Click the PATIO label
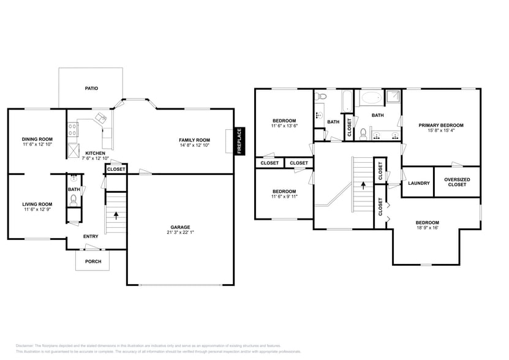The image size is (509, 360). [91, 88]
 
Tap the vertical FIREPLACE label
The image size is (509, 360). [239, 140]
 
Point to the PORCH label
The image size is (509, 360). [93, 261]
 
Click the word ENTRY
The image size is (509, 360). [91, 236]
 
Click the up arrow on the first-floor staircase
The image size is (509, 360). [116, 215]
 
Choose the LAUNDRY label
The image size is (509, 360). [418, 182]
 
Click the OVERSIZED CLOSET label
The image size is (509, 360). [457, 182]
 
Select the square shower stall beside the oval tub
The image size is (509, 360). [393, 97]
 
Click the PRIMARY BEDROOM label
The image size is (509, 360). [441, 125]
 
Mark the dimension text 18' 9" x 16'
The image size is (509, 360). [427, 228]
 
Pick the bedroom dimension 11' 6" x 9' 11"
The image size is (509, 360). [284, 197]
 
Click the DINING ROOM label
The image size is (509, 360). [37, 139]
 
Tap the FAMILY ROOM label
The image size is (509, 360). [194, 140]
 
